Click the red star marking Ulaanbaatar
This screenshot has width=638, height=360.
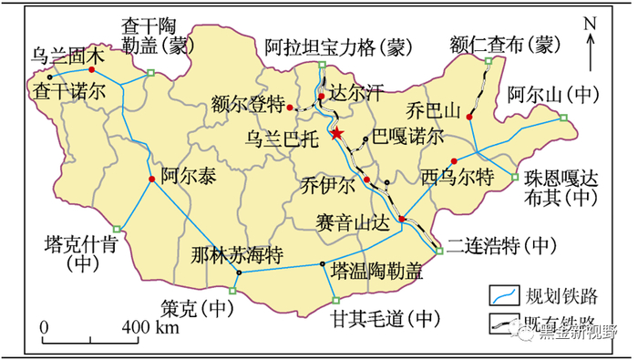(337, 134)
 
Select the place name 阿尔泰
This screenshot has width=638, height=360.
(190, 177)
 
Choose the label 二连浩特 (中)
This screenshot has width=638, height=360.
(501, 244)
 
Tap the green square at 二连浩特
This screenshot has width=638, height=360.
(439, 252)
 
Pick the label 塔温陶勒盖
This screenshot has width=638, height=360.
(377, 272)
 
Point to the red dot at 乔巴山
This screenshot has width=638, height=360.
(469, 118)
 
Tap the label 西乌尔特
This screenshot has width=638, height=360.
(458, 175)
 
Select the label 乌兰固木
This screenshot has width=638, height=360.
(68, 57)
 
